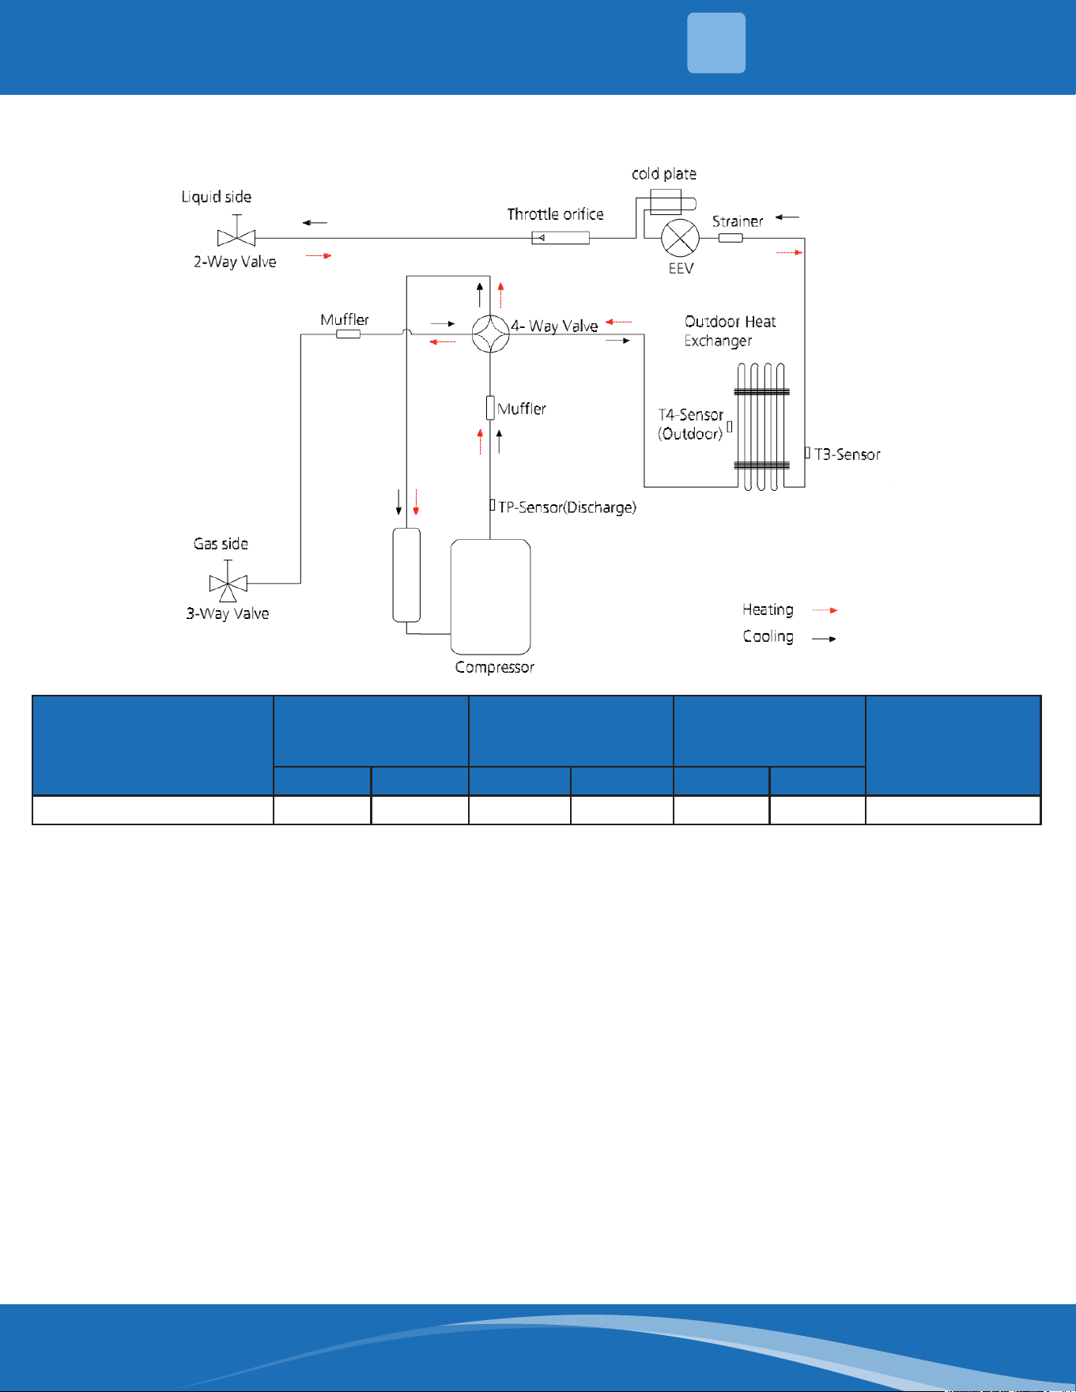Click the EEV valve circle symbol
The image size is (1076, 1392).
click(680, 237)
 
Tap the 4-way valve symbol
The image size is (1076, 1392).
click(490, 334)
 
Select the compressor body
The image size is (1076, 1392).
click(490, 597)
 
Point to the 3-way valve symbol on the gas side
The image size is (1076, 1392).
click(228, 583)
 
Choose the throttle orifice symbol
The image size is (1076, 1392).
click(561, 237)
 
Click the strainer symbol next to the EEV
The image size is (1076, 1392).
click(731, 237)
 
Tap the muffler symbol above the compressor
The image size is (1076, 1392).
click(490, 408)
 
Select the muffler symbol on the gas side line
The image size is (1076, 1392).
click(349, 334)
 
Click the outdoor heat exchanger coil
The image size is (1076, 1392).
click(761, 427)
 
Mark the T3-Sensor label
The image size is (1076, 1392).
click(848, 455)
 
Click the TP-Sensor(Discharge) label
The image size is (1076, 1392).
click(567, 507)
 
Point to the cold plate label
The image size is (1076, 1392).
click(664, 174)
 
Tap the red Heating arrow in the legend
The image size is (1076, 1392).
click(825, 610)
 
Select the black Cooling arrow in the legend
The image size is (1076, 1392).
click(825, 639)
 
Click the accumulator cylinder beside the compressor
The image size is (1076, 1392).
click(406, 575)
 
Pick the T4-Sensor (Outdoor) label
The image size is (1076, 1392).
click(691, 424)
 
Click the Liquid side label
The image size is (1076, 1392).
click(217, 197)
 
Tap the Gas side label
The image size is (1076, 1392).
click(221, 544)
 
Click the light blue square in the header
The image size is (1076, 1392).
click(716, 43)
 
